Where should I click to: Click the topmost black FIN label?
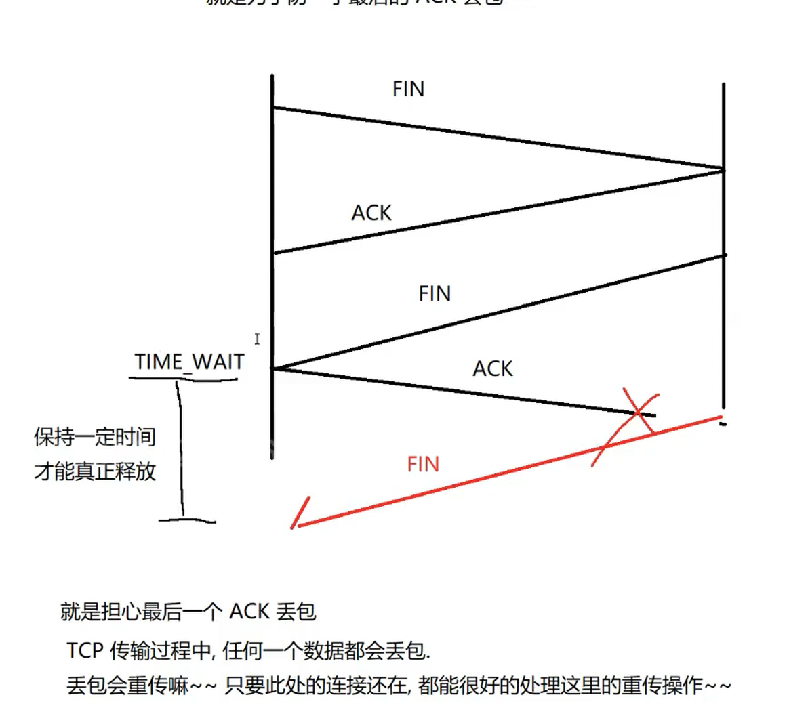click(408, 89)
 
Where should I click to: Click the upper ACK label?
click(371, 213)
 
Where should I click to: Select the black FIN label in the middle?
click(435, 293)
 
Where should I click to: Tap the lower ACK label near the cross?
click(493, 368)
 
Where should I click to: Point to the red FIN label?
click(423, 464)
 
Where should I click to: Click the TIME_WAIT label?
click(189, 362)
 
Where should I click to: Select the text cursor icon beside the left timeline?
click(257, 338)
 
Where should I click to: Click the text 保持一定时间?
click(95, 437)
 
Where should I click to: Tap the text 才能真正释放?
click(95, 471)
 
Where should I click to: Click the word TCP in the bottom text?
click(85, 651)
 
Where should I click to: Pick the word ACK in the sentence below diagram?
click(249, 612)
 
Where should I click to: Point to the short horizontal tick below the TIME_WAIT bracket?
click(187, 521)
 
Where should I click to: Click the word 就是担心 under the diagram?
click(101, 612)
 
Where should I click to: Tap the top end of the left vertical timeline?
click(272, 77)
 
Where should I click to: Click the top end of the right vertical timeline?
click(723, 85)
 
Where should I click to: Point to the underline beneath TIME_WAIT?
click(183, 377)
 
